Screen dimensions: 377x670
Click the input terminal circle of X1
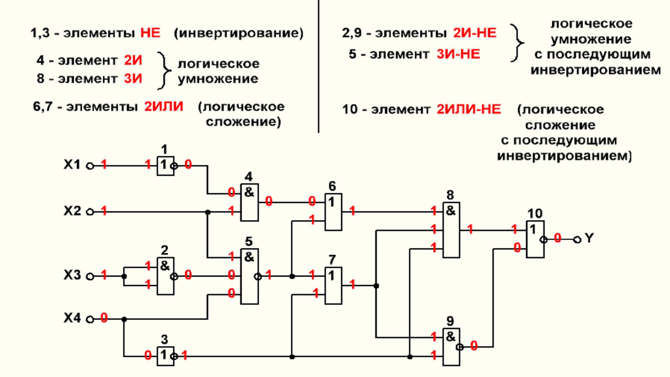coord(90,166)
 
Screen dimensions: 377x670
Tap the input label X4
coord(72,318)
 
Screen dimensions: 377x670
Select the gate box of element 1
coord(165,166)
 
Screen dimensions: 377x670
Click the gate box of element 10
coord(535,239)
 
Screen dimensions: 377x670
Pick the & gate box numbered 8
coord(451,230)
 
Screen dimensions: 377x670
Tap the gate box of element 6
coord(333,212)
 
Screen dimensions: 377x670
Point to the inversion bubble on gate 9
coord(460,347)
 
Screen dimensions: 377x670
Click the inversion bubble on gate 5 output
coord(258,277)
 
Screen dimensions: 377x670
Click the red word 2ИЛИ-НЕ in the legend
coord(469,109)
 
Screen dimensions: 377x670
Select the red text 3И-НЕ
coord(458,54)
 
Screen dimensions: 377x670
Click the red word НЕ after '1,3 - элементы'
coord(150,33)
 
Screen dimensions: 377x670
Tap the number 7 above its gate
coord(332,260)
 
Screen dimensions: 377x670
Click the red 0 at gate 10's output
coord(557,238)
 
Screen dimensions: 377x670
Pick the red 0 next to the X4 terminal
coord(104,318)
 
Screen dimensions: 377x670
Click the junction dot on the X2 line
coord(208,212)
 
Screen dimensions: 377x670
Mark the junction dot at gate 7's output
coord(376,286)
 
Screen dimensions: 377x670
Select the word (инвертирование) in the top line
coord(239,33)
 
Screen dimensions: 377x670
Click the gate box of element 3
coord(165,356)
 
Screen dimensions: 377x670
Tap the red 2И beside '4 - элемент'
coord(133,60)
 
